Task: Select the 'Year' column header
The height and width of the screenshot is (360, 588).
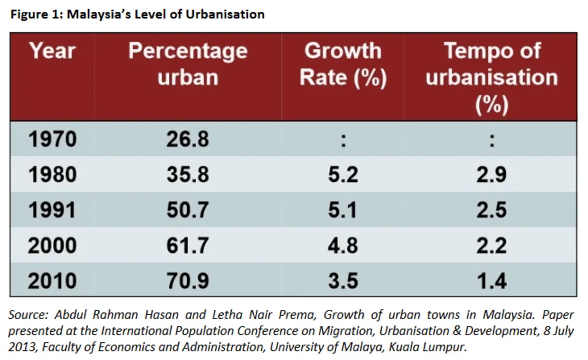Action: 52,51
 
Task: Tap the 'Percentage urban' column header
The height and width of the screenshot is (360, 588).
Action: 188,64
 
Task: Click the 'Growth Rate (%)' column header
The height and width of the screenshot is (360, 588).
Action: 343,64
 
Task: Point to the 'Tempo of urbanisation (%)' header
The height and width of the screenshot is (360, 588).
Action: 492,77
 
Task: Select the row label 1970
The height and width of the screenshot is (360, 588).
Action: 52,140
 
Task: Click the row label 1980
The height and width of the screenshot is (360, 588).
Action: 52,175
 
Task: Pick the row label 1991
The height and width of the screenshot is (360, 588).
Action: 52,210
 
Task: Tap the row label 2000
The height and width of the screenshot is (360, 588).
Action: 52,245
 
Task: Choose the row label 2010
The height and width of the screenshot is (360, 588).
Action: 52,281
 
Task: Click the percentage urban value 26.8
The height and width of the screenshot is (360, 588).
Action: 188,140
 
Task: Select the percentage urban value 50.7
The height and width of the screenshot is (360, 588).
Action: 188,210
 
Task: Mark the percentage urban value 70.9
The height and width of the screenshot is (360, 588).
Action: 188,281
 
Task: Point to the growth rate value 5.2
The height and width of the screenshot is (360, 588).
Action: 343,175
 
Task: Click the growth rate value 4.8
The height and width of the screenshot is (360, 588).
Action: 343,245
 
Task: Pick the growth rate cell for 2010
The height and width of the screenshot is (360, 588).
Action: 343,281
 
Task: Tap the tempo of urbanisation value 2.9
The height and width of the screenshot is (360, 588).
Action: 492,175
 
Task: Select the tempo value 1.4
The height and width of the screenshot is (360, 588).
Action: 492,281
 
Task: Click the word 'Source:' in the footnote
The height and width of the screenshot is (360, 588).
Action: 29,315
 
